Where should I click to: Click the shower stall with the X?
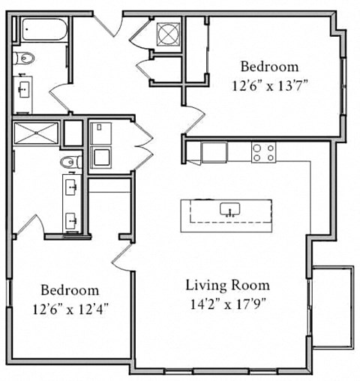(36, 133)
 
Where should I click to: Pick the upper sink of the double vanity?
(72, 185)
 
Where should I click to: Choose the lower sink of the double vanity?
(72, 220)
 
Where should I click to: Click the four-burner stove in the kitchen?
(262, 152)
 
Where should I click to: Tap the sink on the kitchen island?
(229, 209)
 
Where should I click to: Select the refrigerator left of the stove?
(214, 151)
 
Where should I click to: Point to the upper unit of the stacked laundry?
(101, 133)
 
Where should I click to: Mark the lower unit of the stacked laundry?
(101, 157)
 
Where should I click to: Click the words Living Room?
(227, 286)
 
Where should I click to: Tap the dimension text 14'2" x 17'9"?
(227, 304)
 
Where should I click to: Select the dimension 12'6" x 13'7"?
(270, 85)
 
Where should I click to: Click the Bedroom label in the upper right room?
(268, 67)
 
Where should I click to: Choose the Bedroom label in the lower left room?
(70, 289)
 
